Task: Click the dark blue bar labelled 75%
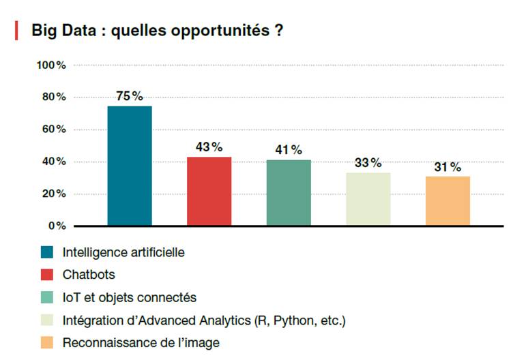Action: point(130,166)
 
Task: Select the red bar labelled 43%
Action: point(209,191)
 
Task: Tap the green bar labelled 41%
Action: point(289,192)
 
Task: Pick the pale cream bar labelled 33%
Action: point(368,198)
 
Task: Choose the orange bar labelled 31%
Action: point(448,200)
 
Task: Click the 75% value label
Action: point(130,96)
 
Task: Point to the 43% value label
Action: point(209,147)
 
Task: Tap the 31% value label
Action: point(448,167)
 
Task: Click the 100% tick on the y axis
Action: point(51,65)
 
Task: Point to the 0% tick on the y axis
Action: point(57,226)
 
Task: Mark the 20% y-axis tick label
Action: point(53,194)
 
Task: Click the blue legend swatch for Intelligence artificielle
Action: point(47,252)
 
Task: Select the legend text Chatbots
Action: point(89,275)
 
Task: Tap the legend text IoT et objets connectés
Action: point(129,297)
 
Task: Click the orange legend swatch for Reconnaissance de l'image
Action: point(47,342)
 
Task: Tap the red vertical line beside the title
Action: point(16,31)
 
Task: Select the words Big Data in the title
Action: point(62,31)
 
